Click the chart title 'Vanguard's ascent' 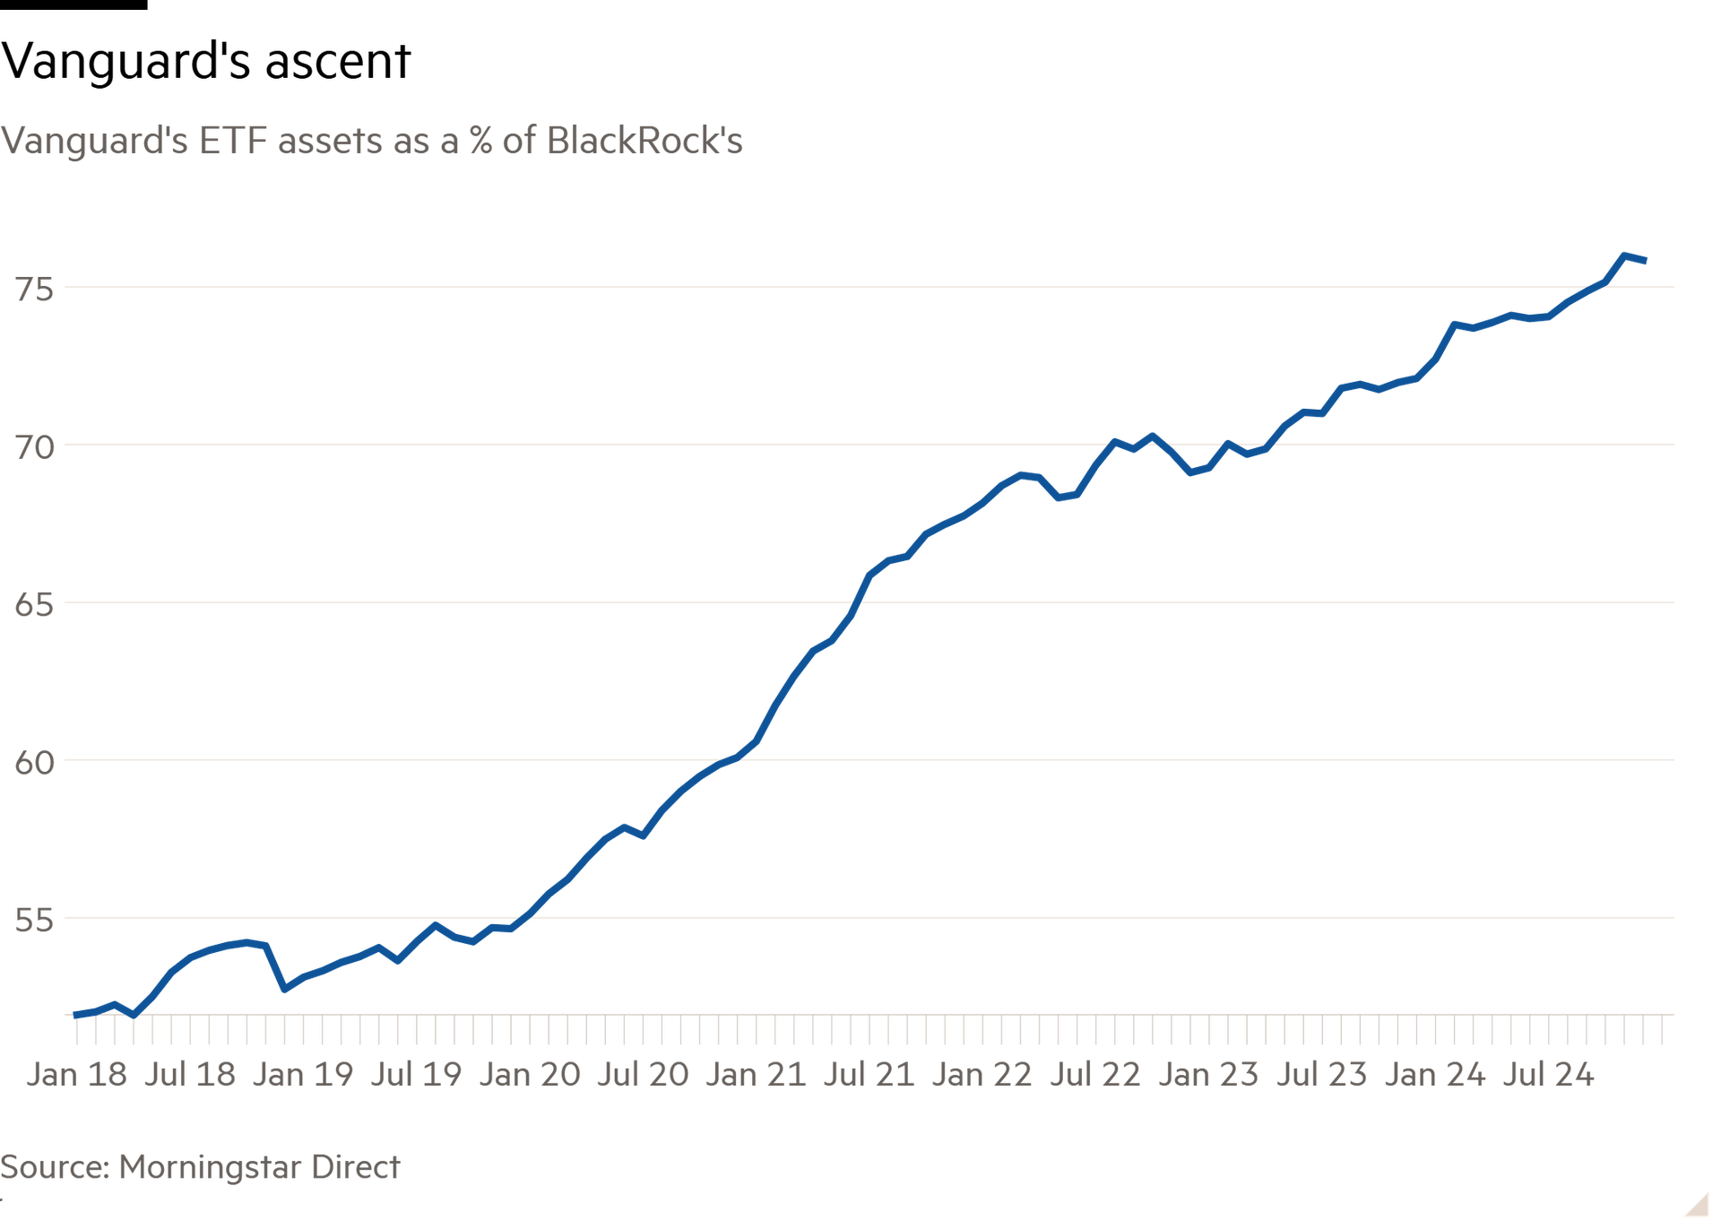click(205, 62)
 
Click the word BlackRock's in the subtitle click(644, 141)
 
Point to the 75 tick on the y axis click(34, 290)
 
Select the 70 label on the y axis click(34, 447)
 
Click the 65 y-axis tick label click(34, 605)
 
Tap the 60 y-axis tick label click(34, 763)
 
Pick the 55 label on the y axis click(34, 921)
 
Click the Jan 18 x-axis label click(77, 1074)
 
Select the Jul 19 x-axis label click(416, 1074)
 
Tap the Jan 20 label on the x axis click(530, 1074)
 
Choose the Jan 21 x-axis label click(756, 1074)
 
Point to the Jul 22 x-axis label click(1095, 1074)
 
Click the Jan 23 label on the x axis click(1208, 1074)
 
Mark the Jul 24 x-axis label click(1548, 1074)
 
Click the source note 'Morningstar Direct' click(259, 1167)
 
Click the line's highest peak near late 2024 click(1624, 256)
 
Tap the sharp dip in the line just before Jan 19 click(285, 989)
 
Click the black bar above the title click(74, 4)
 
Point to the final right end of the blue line click(1645, 261)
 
